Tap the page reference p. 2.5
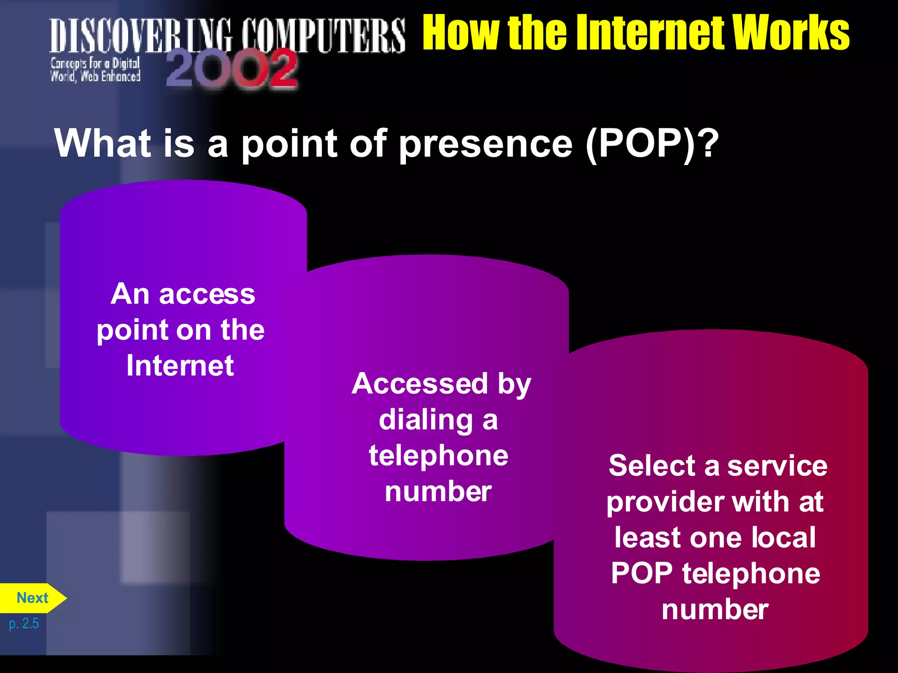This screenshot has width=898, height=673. point(24,623)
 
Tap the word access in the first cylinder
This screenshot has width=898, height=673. point(207,294)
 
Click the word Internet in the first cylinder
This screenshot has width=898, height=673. point(180,365)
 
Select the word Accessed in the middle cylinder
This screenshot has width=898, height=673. point(420,384)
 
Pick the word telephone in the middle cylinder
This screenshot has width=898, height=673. point(438,456)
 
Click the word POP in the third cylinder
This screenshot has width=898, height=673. point(642,574)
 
